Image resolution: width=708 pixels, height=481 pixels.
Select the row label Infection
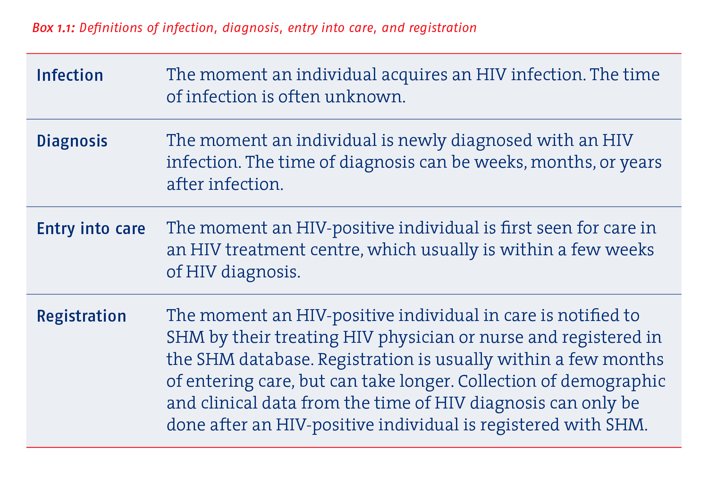[70, 75]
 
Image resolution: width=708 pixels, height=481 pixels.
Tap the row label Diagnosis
[72, 141]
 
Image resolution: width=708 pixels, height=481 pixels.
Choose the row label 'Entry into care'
[91, 229]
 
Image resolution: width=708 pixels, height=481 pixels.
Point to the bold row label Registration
[81, 316]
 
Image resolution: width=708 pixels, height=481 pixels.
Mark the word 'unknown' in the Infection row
[363, 97]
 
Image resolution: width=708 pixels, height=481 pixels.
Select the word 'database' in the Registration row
[275, 359]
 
